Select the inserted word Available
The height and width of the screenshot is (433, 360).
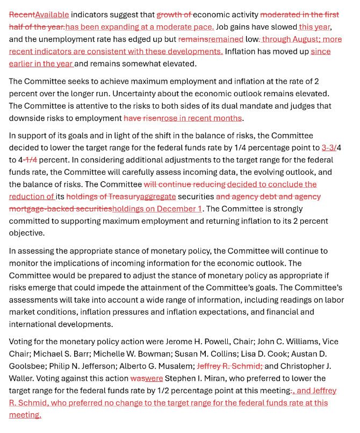52,15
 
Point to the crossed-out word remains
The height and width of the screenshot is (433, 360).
193,39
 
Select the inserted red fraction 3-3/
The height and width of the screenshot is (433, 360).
329,147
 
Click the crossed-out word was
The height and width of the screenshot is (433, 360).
137,378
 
